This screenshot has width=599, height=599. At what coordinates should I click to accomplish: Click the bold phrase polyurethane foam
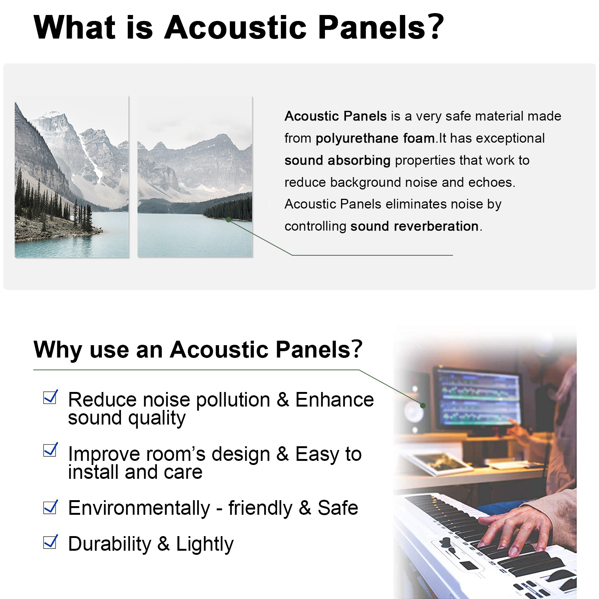[x=375, y=139]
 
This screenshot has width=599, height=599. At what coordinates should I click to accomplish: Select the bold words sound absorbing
[x=337, y=160]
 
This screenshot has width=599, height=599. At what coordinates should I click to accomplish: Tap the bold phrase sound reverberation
[x=414, y=226]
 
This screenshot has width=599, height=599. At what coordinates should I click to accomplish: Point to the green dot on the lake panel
[x=228, y=219]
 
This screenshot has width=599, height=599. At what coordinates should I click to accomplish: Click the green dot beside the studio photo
[x=423, y=405]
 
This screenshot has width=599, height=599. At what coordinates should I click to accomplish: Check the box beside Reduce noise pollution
[x=51, y=397]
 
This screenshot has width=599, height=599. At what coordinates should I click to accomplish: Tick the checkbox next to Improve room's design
[x=51, y=450]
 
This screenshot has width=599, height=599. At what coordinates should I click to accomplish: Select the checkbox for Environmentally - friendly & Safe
[x=51, y=507]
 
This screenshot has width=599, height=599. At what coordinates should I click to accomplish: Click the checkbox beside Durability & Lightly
[x=51, y=542]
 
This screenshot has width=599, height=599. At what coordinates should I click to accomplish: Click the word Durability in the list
[x=110, y=544]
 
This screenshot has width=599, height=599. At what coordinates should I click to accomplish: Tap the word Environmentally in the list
[x=139, y=508]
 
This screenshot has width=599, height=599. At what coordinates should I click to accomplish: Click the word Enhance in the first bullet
[x=335, y=400]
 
